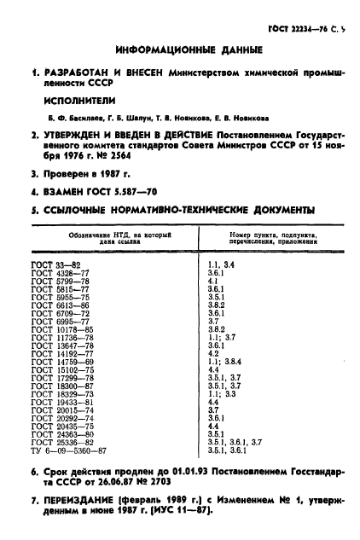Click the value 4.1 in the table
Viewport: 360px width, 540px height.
tap(214, 282)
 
